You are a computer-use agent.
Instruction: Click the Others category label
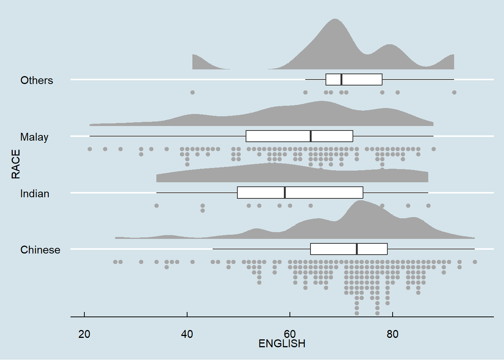tap(37, 80)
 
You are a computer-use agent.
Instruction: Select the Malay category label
tap(34, 137)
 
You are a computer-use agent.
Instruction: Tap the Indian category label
tap(35, 193)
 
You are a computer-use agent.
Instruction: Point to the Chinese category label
tap(40, 250)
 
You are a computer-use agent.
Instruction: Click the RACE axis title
tap(16, 164)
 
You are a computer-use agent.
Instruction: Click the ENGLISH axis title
tap(282, 343)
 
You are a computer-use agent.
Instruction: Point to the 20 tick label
tap(84, 334)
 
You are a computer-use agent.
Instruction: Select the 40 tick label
tap(187, 334)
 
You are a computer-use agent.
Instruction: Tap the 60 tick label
tap(290, 334)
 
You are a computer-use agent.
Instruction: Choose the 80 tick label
tap(393, 334)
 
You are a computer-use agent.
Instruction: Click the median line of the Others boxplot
tap(341, 79)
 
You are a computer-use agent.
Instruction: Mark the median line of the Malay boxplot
tap(311, 136)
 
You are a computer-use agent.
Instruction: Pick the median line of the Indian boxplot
tap(285, 192)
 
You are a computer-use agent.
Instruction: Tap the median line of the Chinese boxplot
tap(357, 249)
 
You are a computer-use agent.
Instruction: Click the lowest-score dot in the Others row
tap(192, 92)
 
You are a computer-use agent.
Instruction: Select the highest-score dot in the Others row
tap(454, 92)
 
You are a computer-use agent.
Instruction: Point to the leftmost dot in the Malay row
tap(90, 149)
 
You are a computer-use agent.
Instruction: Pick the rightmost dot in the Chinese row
tap(475, 262)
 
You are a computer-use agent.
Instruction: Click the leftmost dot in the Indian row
tap(156, 205)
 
